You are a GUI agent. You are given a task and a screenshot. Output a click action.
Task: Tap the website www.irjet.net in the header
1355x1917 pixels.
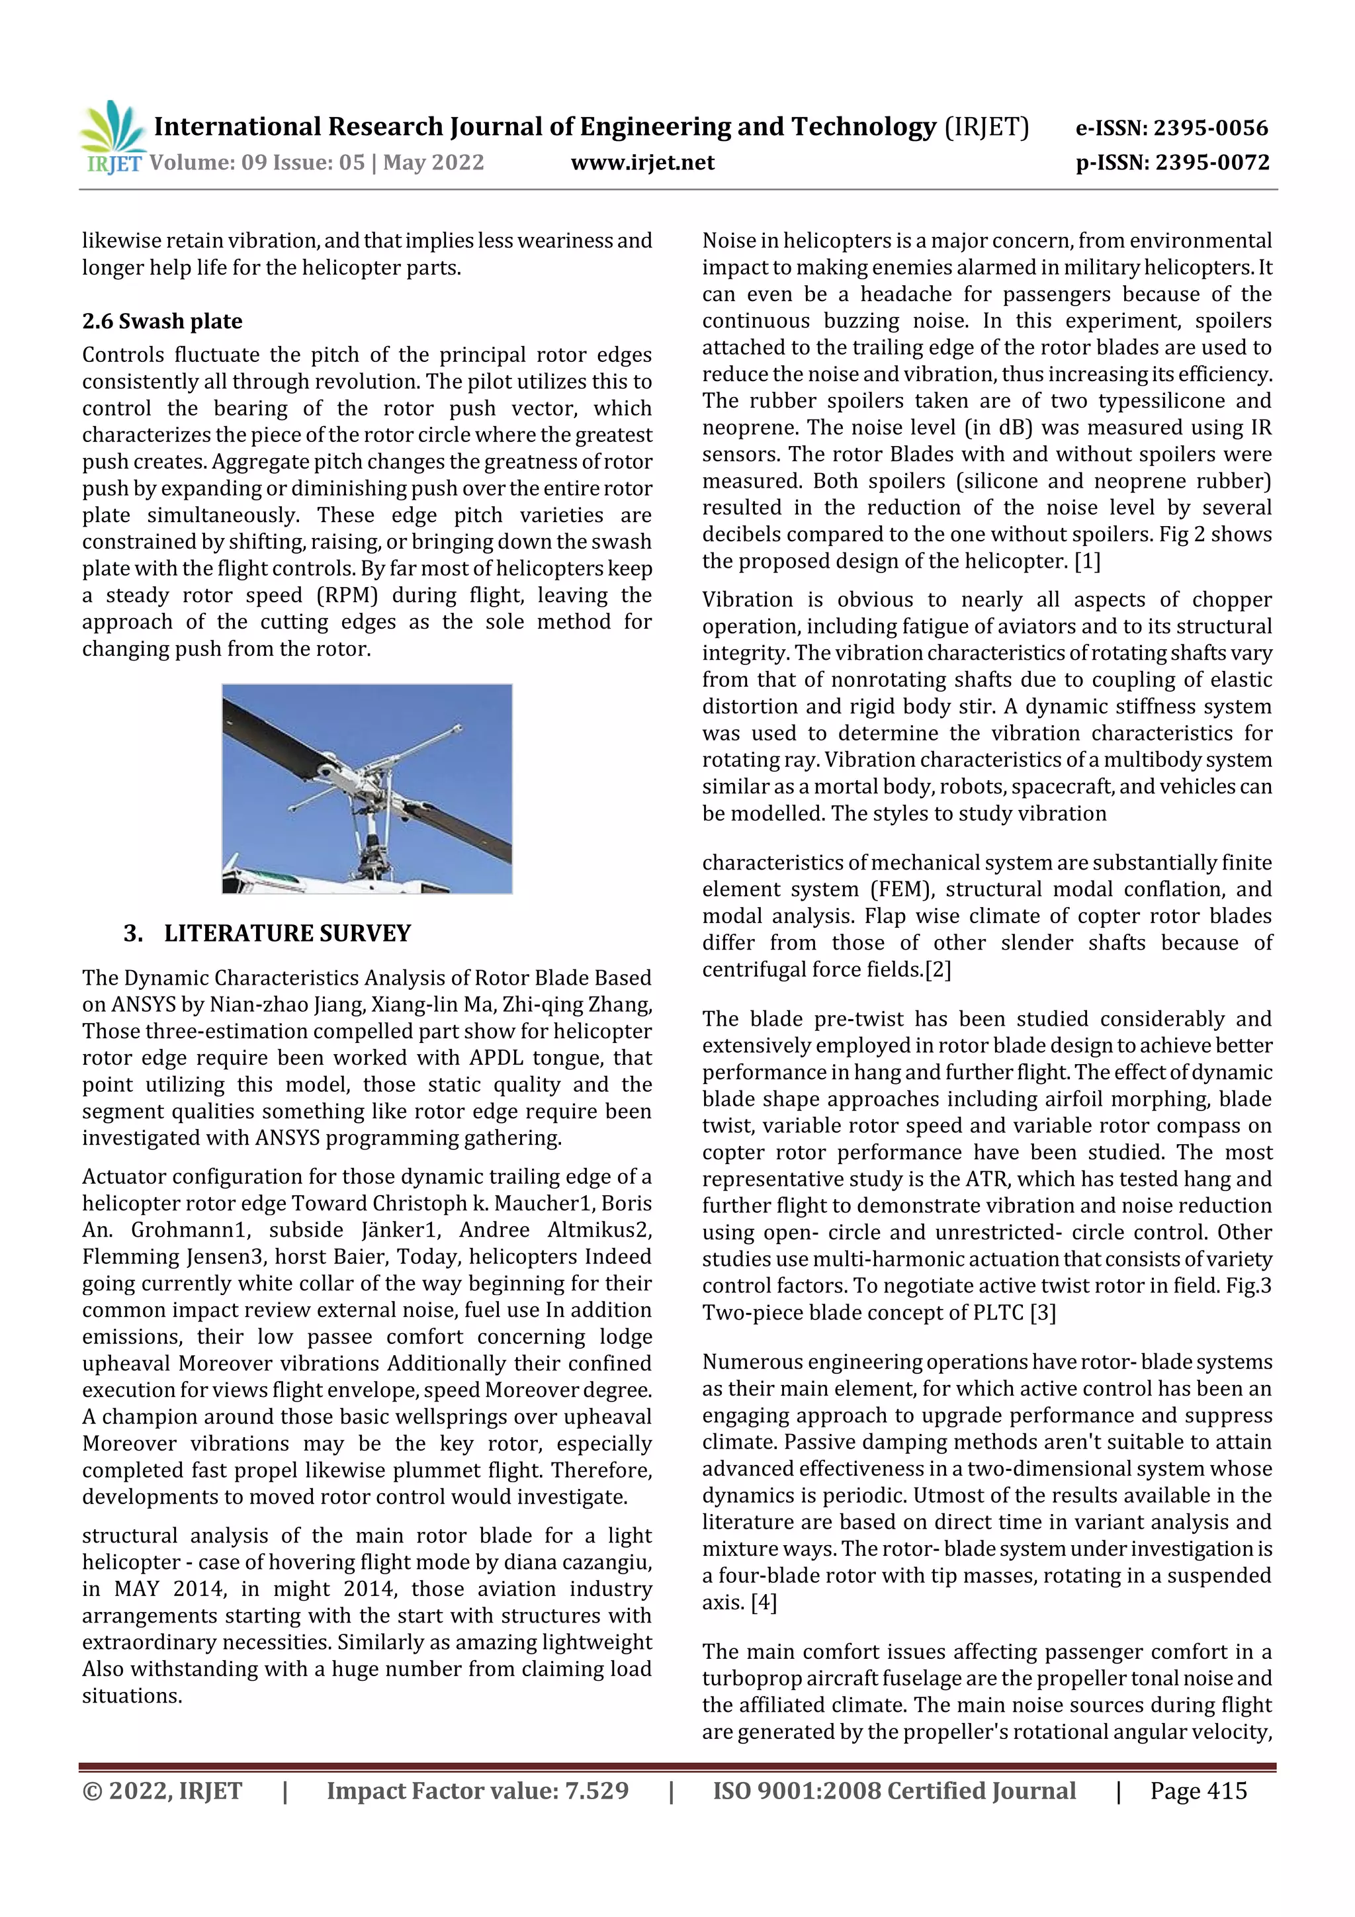tap(642, 162)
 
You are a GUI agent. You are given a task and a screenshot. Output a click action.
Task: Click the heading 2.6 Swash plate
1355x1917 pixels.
tap(162, 322)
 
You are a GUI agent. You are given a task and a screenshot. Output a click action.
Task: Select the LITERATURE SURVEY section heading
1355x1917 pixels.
tap(287, 934)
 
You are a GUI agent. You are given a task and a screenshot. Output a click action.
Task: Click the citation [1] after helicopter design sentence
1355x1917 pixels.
tap(1087, 561)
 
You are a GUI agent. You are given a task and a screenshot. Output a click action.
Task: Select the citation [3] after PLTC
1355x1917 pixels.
tap(1043, 1314)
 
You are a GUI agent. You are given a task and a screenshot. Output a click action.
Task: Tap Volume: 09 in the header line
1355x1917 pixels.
tap(198, 162)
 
